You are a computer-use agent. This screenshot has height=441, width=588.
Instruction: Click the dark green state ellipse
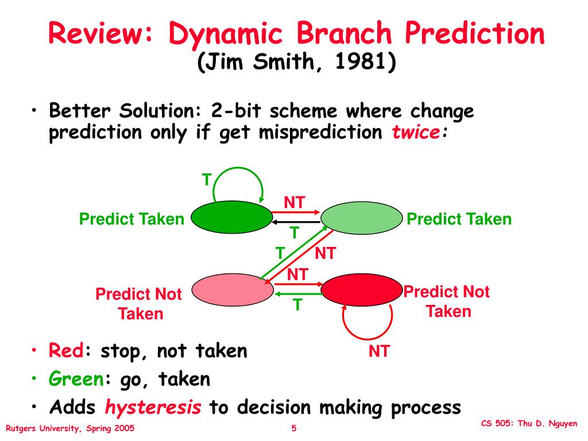(x=232, y=217)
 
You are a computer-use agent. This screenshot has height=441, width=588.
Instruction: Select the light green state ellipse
(x=362, y=218)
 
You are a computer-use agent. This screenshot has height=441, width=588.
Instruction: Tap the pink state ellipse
(x=233, y=289)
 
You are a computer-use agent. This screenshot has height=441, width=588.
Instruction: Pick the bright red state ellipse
(x=362, y=289)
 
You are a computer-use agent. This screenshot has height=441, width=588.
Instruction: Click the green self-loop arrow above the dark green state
(x=238, y=169)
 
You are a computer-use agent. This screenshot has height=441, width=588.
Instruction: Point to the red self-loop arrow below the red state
(x=367, y=338)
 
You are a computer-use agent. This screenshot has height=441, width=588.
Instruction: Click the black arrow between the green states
(x=296, y=222)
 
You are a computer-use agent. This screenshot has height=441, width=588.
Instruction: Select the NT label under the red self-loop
(x=379, y=351)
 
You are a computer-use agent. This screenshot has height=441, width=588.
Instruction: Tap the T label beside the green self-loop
(x=207, y=180)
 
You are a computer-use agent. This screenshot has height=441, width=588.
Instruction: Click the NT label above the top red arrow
(x=295, y=203)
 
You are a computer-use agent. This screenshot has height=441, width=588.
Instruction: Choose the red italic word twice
(x=416, y=132)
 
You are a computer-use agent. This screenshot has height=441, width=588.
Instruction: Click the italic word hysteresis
(x=153, y=407)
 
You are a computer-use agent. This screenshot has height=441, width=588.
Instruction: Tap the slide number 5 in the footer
(x=294, y=428)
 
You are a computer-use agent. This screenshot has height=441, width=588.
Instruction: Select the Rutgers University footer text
(x=69, y=428)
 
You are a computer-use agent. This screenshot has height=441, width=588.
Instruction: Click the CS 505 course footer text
(x=529, y=423)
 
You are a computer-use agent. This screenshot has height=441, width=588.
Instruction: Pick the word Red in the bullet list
(x=66, y=351)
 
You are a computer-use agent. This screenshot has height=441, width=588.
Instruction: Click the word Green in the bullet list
(x=76, y=379)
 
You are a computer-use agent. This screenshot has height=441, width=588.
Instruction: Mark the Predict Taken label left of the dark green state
(x=131, y=219)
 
